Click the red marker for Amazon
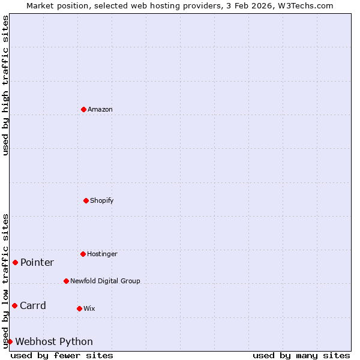83,109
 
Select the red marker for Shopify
86,200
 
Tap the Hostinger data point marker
83,254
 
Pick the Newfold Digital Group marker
66,281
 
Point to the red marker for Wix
79,308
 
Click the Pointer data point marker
15,262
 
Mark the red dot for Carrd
14,305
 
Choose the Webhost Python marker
10,341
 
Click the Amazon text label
100,109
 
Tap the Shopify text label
102,200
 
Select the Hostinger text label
102,254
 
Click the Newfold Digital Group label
105,281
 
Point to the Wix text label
89,308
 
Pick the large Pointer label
37,262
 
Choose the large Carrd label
33,305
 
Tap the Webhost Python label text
54,341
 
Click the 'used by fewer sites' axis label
62,355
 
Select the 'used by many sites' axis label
301,355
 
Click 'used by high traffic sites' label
5,85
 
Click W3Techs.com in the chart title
304,5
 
